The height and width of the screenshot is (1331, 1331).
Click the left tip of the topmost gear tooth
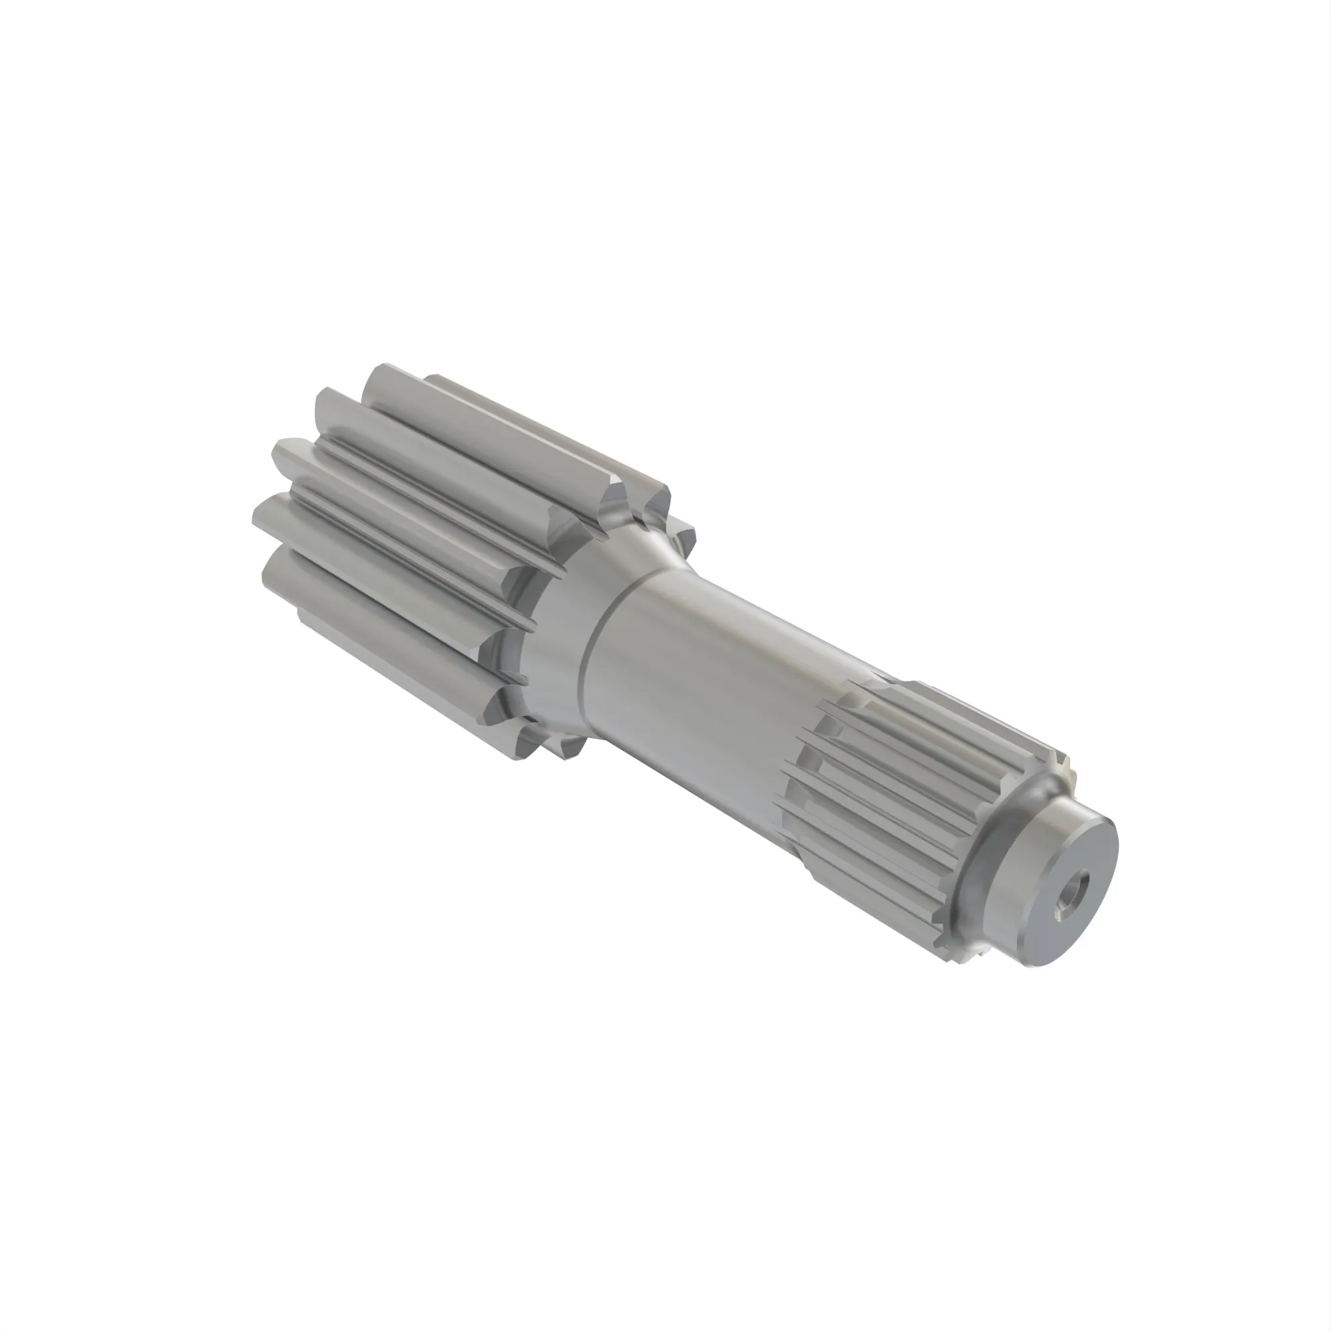coord(375,375)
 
